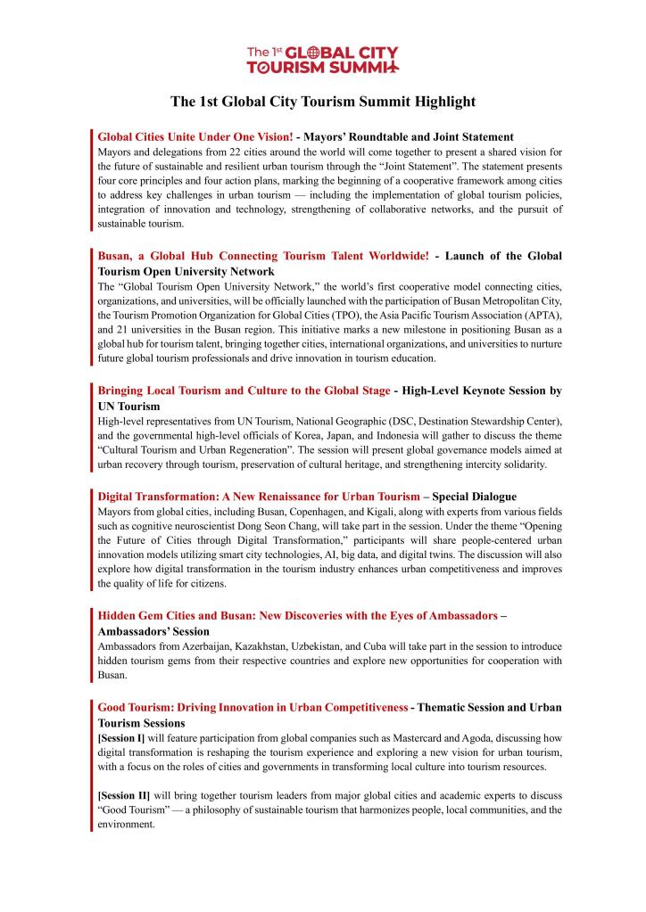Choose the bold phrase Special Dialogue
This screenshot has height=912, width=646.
[x=474, y=497]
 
